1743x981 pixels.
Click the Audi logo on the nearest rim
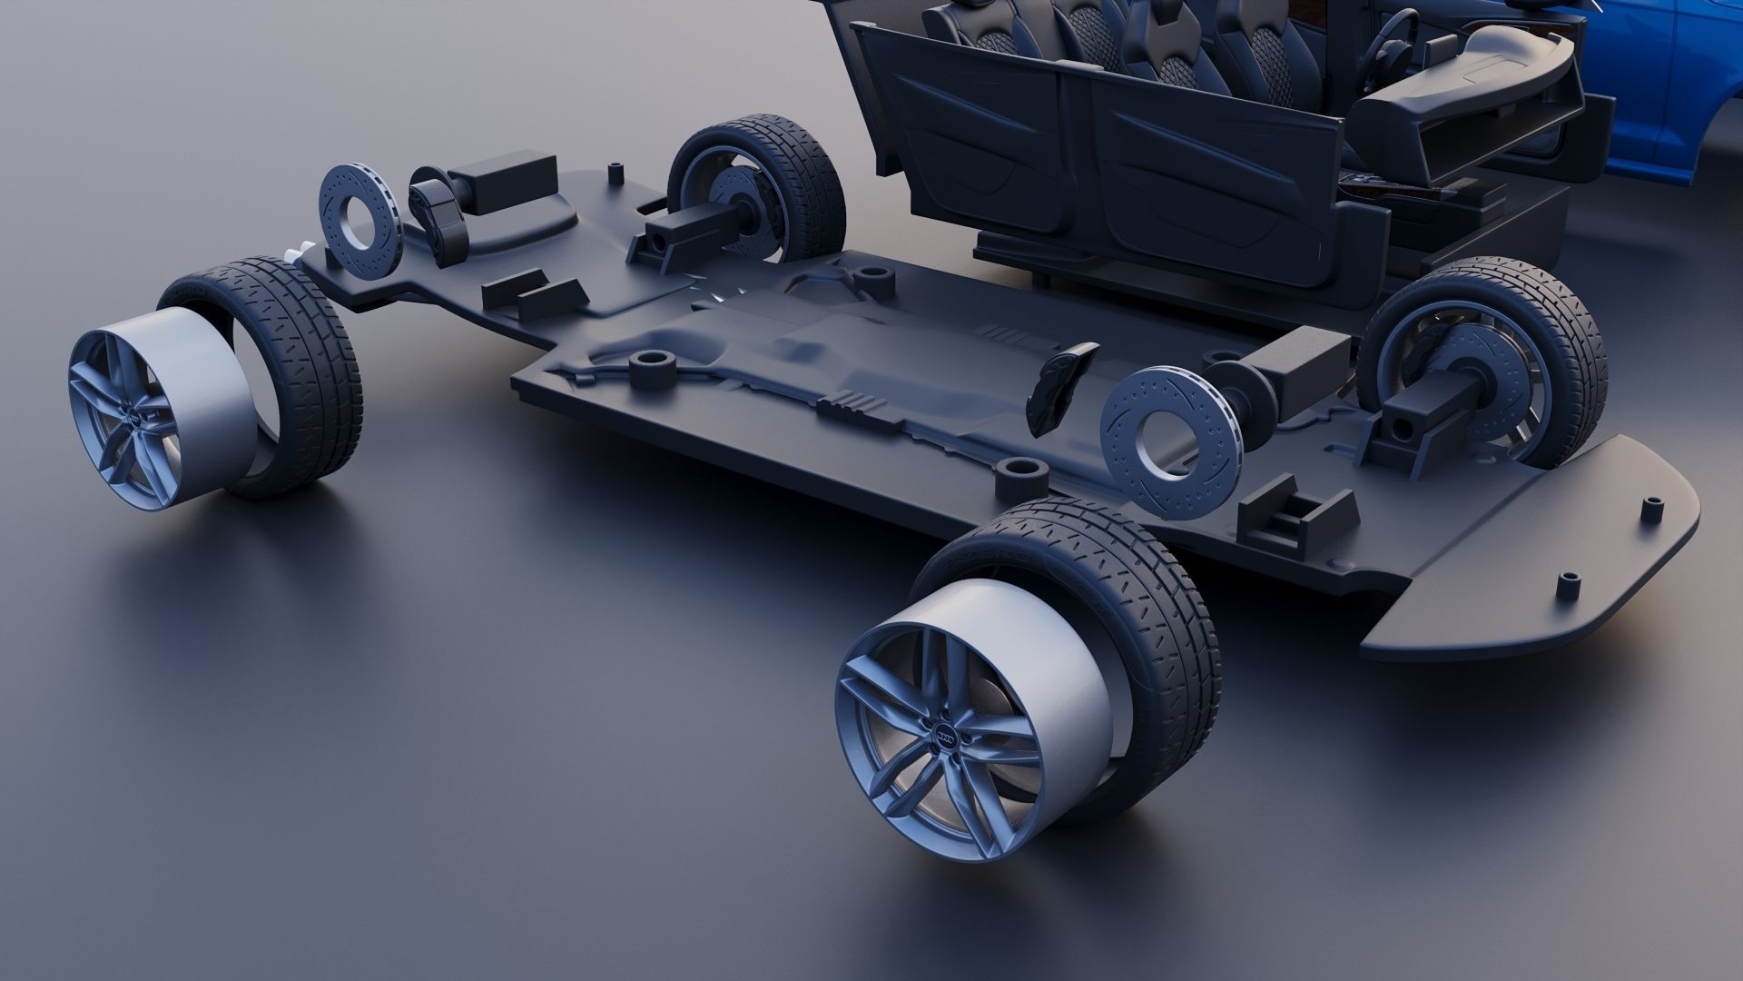click(944, 738)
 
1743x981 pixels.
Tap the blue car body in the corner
click(1661, 100)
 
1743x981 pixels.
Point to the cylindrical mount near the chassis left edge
click(650, 369)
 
